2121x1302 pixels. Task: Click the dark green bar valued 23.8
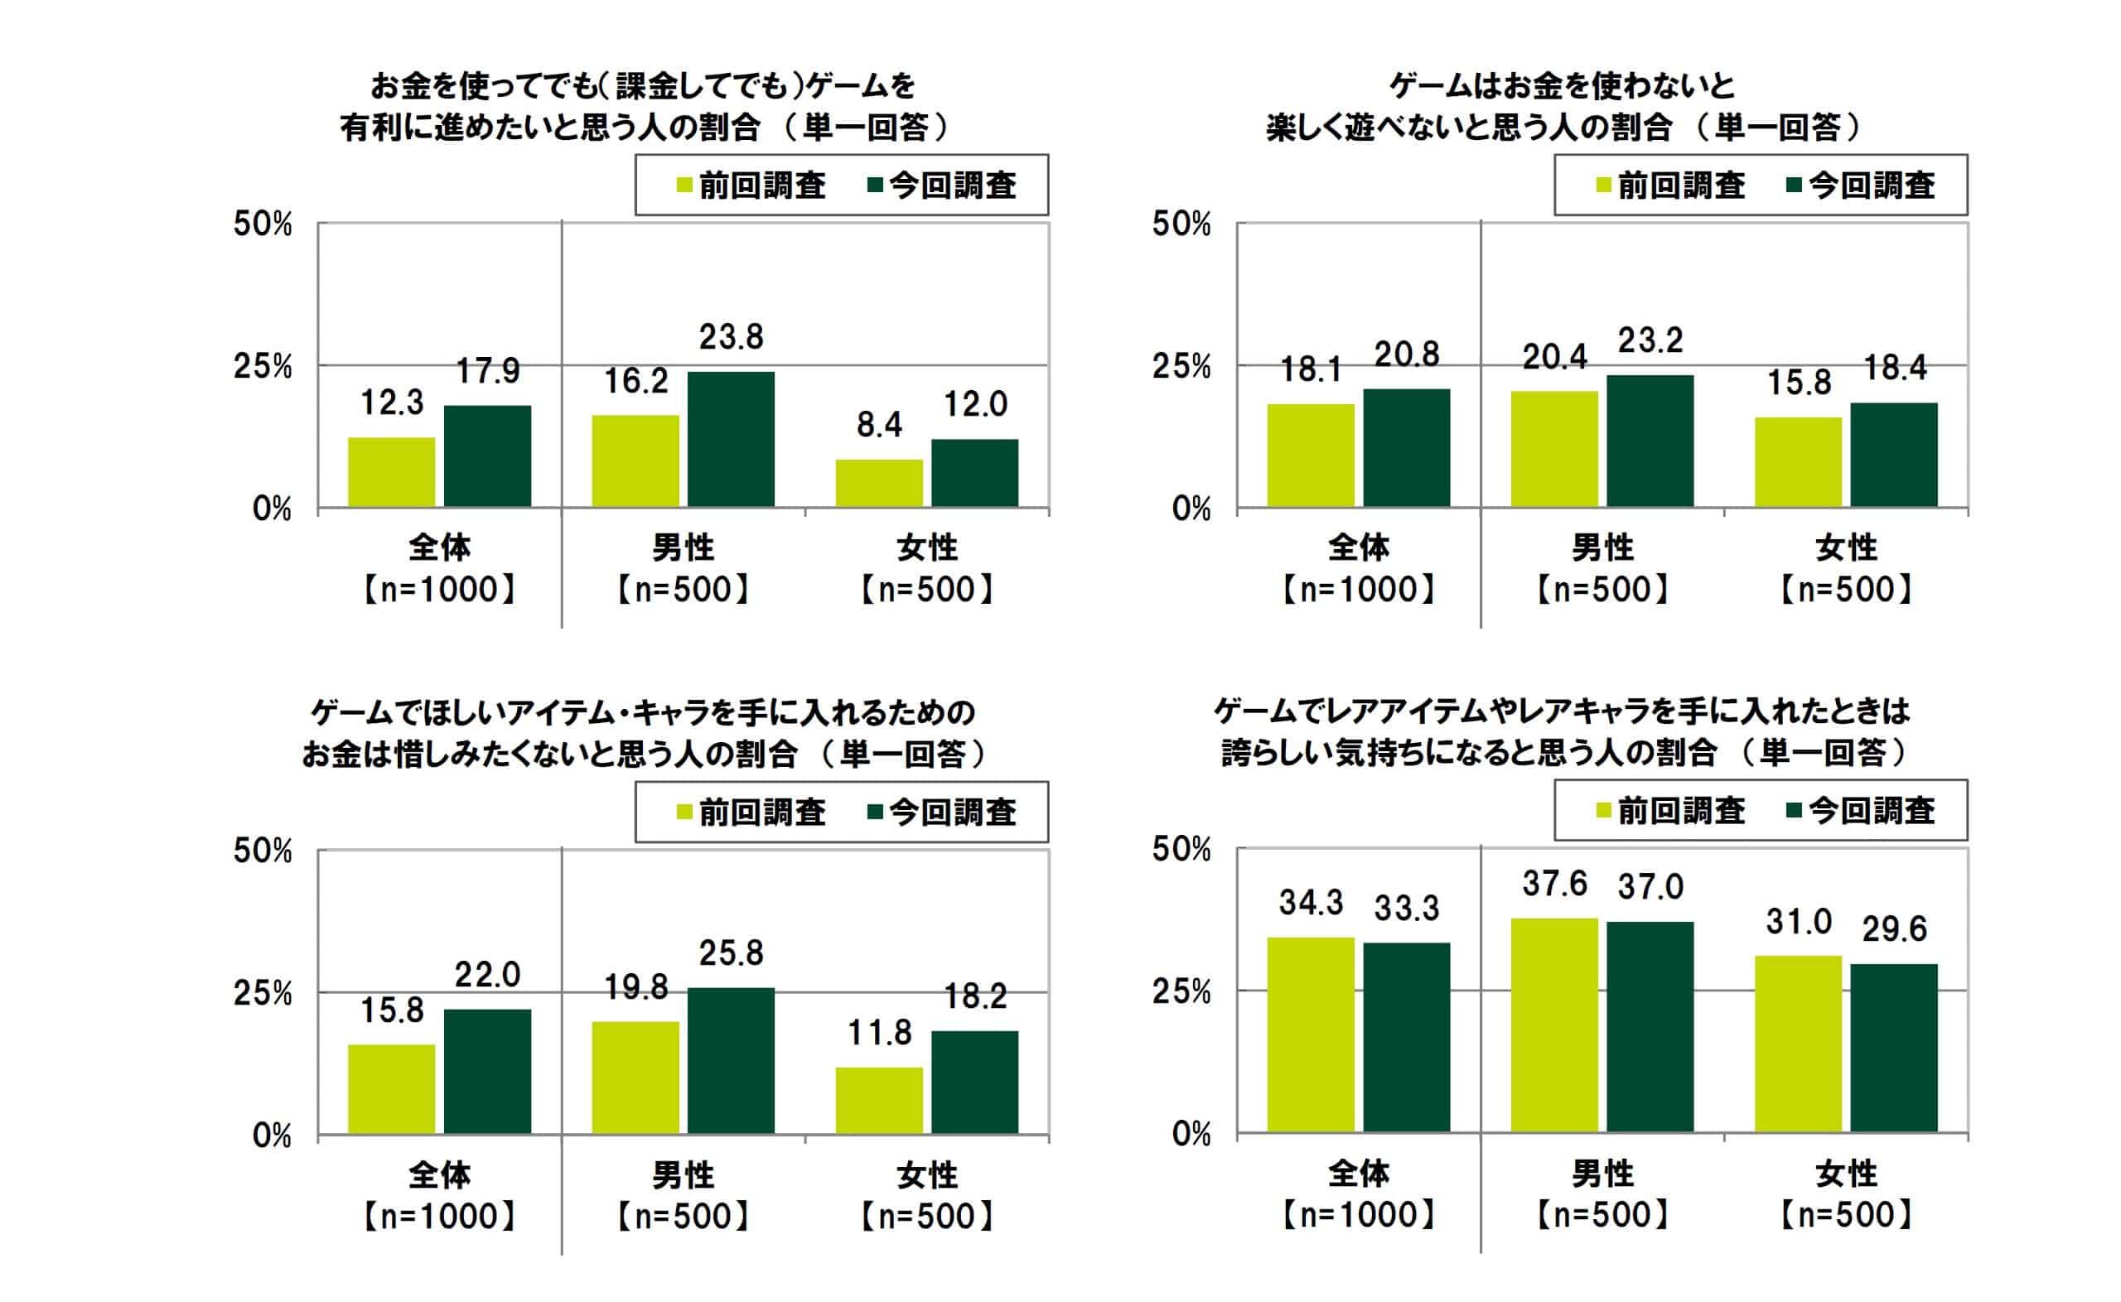pos(730,439)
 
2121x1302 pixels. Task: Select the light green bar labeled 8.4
pos(878,483)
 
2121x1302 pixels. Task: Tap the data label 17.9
pos(487,371)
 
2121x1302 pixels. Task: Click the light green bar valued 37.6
pos(1553,1025)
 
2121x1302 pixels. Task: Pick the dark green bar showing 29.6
pos(1894,1047)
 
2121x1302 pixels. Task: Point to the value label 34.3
pos(1311,903)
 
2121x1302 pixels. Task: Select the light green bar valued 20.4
pos(1553,449)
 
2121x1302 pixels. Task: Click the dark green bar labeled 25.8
pos(730,1060)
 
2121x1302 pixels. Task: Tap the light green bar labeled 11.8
pos(878,1101)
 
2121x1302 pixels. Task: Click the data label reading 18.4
pos(1895,369)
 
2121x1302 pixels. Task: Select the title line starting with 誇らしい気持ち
pos(1562,754)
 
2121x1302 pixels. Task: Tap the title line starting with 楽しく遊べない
pos(1562,128)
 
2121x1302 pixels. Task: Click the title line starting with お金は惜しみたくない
pos(643,755)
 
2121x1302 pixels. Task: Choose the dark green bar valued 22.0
pos(487,1071)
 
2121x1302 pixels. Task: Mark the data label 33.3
pos(1406,909)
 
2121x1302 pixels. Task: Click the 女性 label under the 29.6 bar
pos(1845,1174)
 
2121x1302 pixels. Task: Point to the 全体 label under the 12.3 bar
pos(439,547)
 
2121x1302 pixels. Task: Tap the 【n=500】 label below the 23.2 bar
pos(1602,590)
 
